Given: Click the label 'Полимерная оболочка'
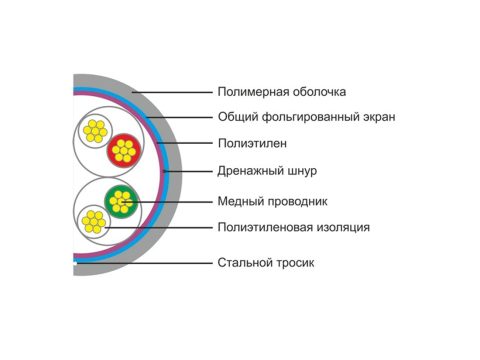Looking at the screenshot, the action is click(282, 92).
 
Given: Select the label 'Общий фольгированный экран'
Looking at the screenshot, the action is click(307, 117).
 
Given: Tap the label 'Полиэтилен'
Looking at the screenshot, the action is click(252, 144).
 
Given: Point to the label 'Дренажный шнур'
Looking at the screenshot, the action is click(267, 171).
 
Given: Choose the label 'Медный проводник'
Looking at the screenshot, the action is click(272, 201).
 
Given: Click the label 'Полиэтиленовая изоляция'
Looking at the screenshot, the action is click(294, 228).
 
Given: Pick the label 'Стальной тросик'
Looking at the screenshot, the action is click(266, 263).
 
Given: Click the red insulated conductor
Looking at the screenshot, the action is click(124, 151).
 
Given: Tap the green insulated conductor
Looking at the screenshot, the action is click(121, 201).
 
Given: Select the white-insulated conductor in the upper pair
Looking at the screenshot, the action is click(95, 131).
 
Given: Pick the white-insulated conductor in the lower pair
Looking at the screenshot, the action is click(94, 222).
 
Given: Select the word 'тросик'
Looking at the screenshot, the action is click(295, 263).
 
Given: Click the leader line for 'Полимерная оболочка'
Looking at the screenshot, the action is click(172, 92).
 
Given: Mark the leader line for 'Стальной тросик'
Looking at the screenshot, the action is click(143, 263).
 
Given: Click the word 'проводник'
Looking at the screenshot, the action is click(298, 202).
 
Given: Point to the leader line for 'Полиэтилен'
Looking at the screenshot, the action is click(185, 143).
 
